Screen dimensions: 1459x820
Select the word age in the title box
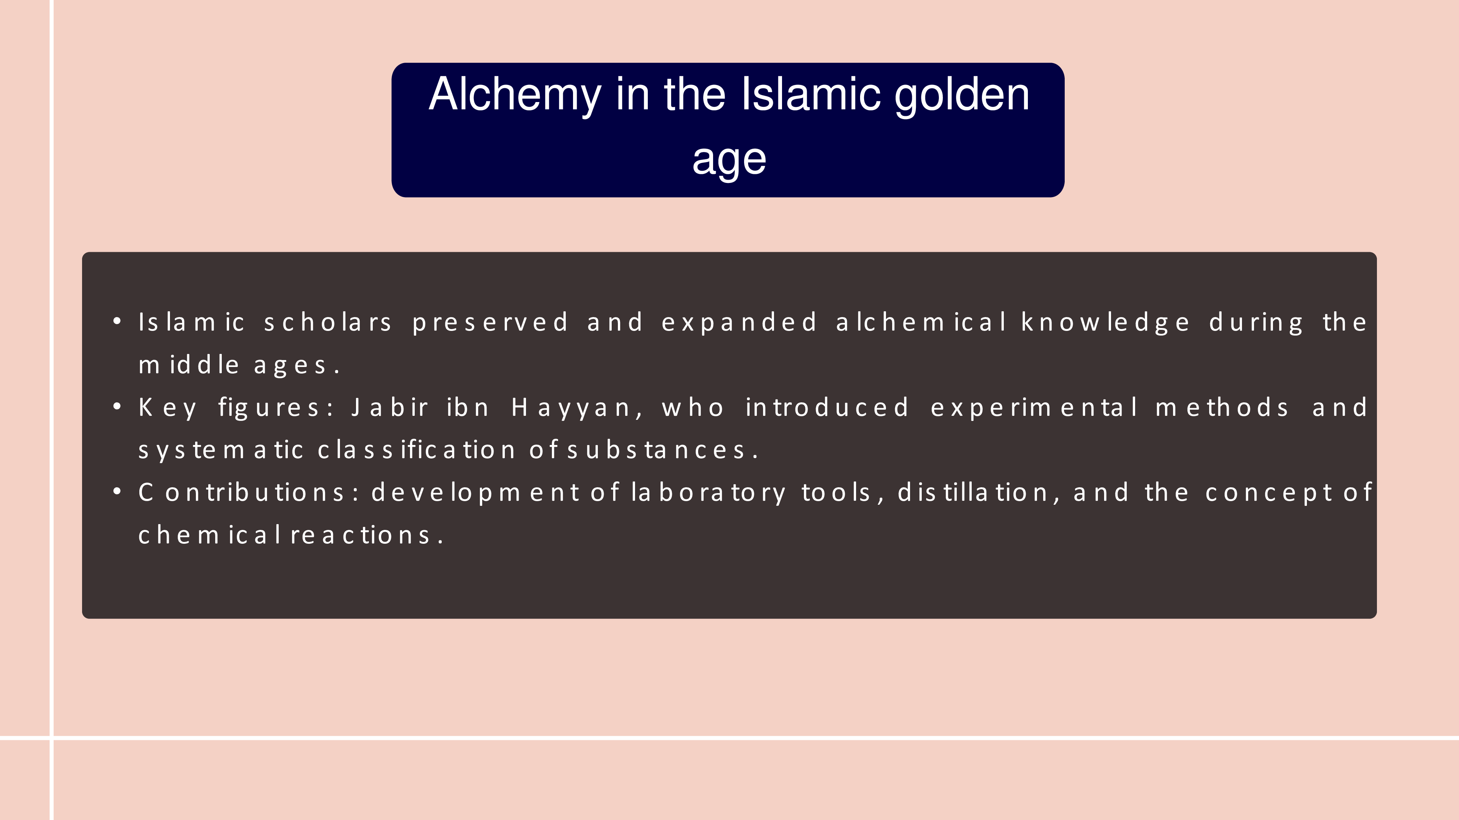coord(729,160)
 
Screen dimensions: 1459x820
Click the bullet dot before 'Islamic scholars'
coord(117,321)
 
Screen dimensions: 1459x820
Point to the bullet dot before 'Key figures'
coord(117,406)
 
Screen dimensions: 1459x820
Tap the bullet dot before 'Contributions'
coord(117,491)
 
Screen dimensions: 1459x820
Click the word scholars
coord(328,322)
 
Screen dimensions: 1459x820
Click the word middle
coord(189,365)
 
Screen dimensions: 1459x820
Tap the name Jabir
coord(390,407)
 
